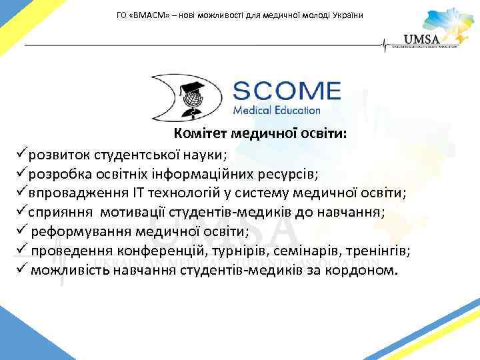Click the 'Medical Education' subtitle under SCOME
point(277,110)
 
